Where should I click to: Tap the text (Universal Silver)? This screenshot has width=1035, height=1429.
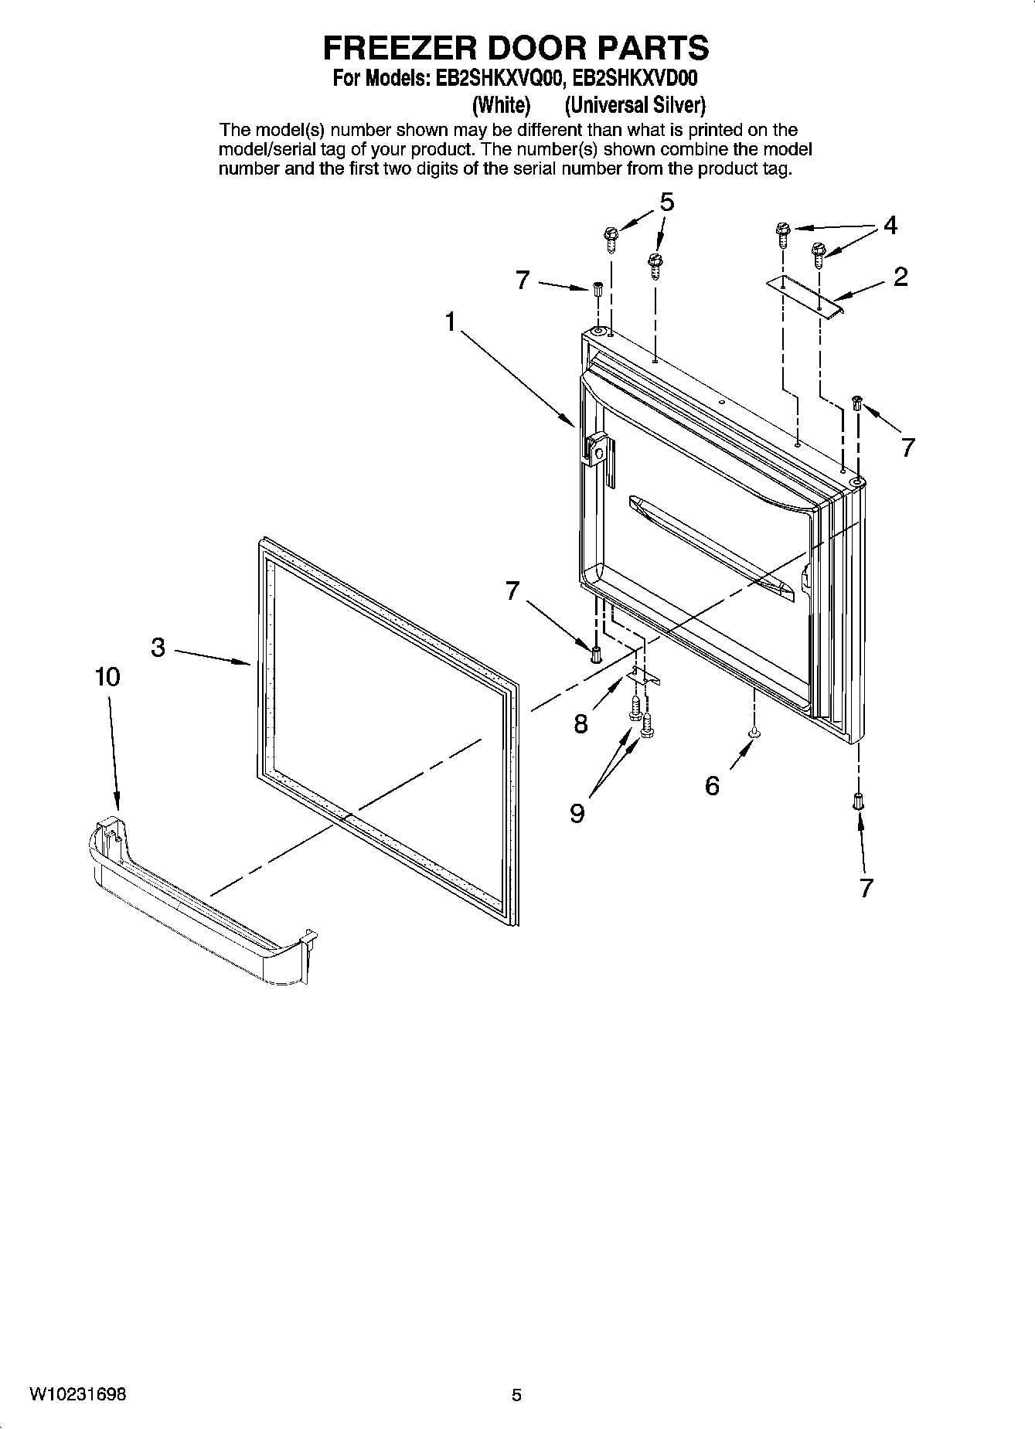click(635, 104)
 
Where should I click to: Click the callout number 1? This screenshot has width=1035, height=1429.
click(451, 322)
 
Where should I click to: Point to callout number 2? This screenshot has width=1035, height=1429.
click(901, 277)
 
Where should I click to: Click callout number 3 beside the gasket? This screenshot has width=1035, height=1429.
click(158, 647)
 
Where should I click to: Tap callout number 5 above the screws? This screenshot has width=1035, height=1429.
click(666, 202)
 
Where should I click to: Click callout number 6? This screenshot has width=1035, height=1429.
click(712, 786)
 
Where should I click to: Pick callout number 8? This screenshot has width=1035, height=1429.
click(581, 724)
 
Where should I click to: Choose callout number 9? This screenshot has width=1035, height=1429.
click(577, 812)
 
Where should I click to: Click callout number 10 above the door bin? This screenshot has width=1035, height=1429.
click(107, 677)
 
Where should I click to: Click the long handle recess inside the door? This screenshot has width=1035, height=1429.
click(711, 549)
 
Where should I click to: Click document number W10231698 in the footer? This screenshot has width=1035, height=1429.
click(79, 1394)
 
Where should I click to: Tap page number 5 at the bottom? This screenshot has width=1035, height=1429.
click(516, 1395)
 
